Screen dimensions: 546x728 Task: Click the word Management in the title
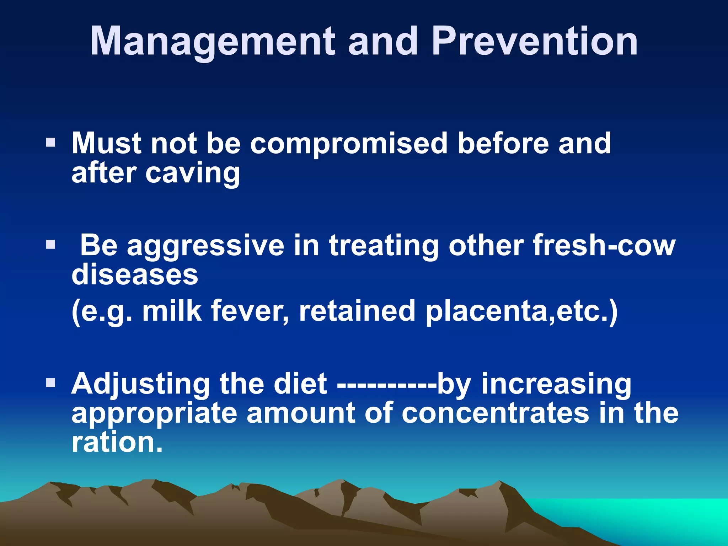pyautogui.click(x=213, y=42)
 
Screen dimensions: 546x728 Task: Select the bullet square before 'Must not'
pyautogui.click(x=51, y=143)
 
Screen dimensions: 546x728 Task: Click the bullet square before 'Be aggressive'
pyautogui.click(x=51, y=245)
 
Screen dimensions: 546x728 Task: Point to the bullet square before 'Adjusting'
pyautogui.click(x=51, y=383)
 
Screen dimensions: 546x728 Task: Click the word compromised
pyautogui.click(x=348, y=144)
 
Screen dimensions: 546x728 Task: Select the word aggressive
pyautogui.click(x=206, y=246)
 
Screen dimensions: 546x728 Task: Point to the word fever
pyautogui.click(x=250, y=311)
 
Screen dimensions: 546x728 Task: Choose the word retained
pyautogui.click(x=357, y=311)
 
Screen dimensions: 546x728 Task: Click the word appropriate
pyautogui.click(x=154, y=414)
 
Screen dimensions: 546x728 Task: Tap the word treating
pyautogui.click(x=384, y=246)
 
